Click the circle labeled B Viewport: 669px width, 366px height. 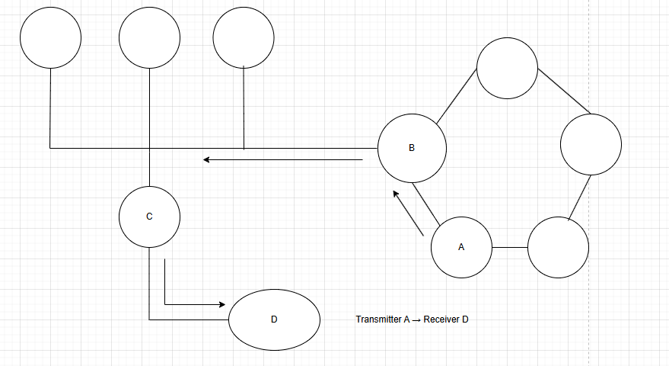coord(412,148)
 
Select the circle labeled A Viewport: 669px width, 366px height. coord(461,248)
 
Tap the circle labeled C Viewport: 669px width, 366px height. coord(150,217)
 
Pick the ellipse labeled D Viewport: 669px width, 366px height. coord(275,319)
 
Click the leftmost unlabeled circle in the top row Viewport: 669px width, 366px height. coord(50,38)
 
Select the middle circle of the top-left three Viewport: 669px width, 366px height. coord(150,38)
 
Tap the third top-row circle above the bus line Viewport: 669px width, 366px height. coord(244,38)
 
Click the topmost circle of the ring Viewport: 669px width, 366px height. coord(507,68)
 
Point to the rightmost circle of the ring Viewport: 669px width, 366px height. coord(591,144)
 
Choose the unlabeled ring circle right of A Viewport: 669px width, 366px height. coord(558,248)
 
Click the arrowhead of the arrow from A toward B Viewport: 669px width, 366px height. coord(396,194)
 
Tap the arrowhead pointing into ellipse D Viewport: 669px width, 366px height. coord(223,304)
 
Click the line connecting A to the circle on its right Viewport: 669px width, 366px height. coord(509,248)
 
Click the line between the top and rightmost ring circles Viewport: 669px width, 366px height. coord(564,90)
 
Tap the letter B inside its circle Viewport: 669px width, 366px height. coord(412,148)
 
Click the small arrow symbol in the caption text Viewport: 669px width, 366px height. coord(416,319)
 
